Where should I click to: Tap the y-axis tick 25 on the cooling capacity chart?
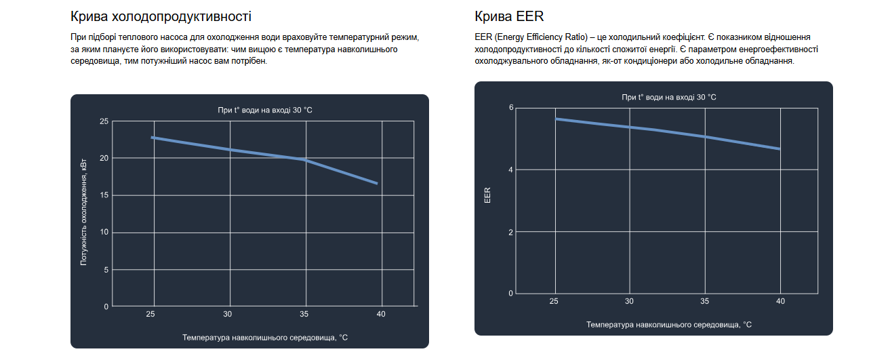104,121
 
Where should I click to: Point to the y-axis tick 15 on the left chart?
104,195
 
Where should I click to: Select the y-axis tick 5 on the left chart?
106,270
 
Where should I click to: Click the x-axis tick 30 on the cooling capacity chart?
228,314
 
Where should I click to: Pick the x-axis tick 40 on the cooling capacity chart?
381,314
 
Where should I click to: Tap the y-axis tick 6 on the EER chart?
510,108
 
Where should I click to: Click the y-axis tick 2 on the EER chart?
510,232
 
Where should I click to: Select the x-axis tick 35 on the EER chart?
705,301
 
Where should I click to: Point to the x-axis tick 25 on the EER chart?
554,301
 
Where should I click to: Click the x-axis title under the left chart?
265,337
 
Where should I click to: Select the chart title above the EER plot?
669,98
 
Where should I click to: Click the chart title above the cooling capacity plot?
265,110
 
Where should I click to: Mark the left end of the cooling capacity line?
153,137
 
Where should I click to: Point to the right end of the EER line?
780,148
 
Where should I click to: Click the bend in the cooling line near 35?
304,160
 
